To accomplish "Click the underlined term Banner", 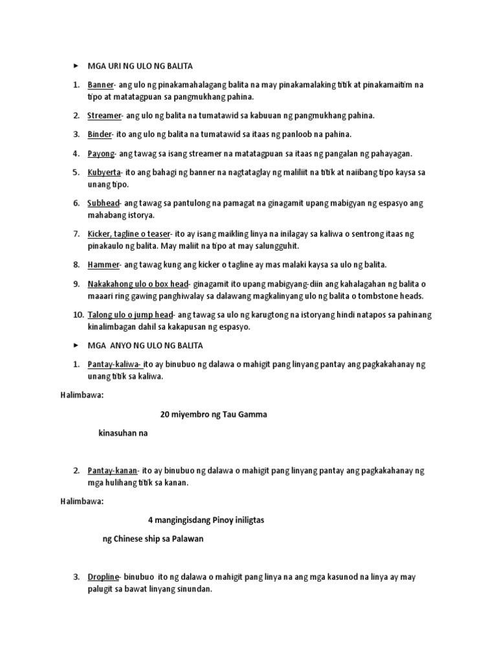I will (101, 85).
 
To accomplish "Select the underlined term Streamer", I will (104, 116).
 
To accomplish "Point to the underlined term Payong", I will (101, 153).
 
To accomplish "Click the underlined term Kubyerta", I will (104, 172).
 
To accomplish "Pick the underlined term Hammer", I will (104, 264).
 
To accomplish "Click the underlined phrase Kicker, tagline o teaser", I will (128, 233).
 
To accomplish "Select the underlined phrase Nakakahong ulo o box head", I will (137, 284).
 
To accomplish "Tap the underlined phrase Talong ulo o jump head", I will (130, 315).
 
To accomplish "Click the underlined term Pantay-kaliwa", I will (115, 365).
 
